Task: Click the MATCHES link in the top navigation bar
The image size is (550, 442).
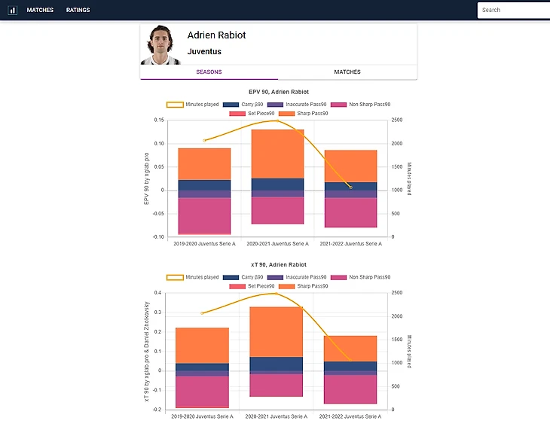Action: (40, 11)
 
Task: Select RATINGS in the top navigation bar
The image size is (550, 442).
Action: (78, 11)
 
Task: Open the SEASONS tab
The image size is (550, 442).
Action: (209, 72)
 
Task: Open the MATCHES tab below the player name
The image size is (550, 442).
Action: (347, 72)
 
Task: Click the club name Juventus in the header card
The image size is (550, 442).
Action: (204, 52)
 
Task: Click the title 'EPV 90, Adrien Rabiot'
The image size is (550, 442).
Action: (278, 92)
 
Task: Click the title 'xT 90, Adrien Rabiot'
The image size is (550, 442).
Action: (278, 265)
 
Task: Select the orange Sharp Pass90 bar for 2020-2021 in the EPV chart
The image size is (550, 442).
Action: (277, 154)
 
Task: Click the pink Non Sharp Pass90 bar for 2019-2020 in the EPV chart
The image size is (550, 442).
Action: (204, 215)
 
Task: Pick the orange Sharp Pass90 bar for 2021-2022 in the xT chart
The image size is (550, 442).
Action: (350, 348)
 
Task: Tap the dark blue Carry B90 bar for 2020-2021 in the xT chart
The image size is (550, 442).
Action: (277, 364)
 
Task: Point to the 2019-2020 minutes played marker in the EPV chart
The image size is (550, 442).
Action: (204, 141)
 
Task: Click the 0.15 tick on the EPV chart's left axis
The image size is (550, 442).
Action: (158, 120)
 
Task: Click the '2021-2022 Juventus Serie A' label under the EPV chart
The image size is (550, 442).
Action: (350, 244)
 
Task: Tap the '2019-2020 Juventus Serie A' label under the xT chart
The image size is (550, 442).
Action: (204, 416)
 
